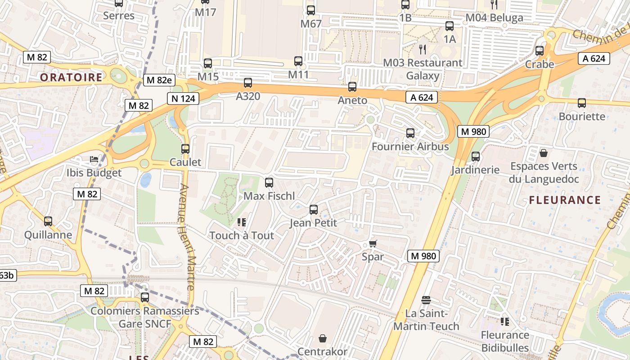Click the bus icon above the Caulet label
(x=185, y=149)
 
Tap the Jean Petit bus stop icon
(x=314, y=210)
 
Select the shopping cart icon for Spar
(x=373, y=244)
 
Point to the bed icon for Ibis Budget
(x=94, y=160)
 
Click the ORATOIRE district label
(x=71, y=77)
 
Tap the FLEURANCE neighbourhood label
(x=565, y=200)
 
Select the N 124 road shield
(x=183, y=99)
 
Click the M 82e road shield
(x=159, y=80)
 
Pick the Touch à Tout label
(x=242, y=235)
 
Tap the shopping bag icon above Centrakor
(x=323, y=338)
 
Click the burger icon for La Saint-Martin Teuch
(x=426, y=300)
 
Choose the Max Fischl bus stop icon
(x=269, y=183)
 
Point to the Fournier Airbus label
(x=410, y=147)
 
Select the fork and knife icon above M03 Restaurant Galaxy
(x=422, y=49)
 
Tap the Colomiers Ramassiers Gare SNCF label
(x=145, y=317)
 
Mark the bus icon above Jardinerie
(x=476, y=157)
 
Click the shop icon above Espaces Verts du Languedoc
(x=544, y=153)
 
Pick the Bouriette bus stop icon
(x=582, y=103)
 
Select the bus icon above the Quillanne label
(x=48, y=221)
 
